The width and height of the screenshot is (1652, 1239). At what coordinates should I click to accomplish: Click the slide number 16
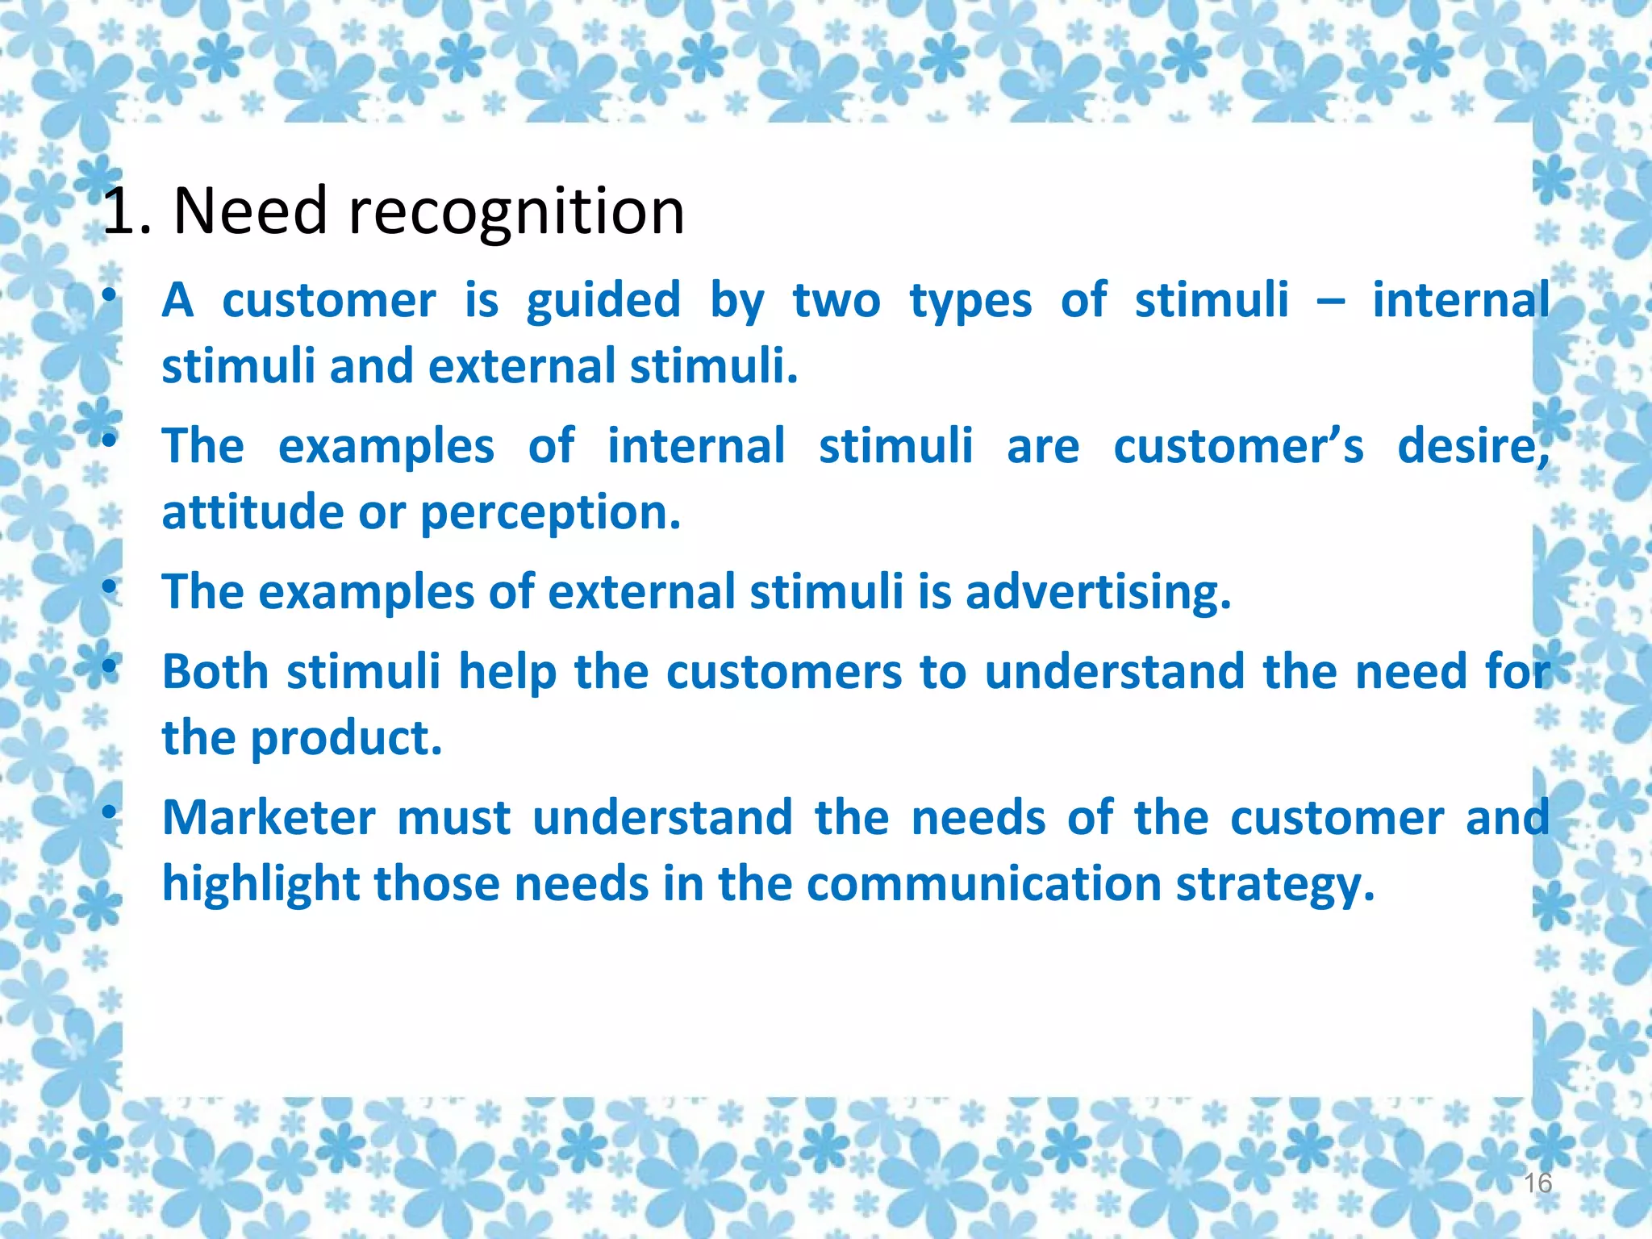(x=1537, y=1183)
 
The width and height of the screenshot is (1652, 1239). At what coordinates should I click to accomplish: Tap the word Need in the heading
(x=250, y=211)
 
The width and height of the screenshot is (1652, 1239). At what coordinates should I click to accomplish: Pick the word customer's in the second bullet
(x=1238, y=447)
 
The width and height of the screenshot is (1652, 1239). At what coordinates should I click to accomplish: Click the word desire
(x=1472, y=447)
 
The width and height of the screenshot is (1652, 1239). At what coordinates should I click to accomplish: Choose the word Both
(x=215, y=672)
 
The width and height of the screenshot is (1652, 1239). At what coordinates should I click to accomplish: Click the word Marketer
(x=269, y=818)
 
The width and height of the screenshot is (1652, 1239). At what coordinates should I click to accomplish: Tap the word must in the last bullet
(x=454, y=818)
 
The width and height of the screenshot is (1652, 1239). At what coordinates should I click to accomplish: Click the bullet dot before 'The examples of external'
(x=109, y=589)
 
